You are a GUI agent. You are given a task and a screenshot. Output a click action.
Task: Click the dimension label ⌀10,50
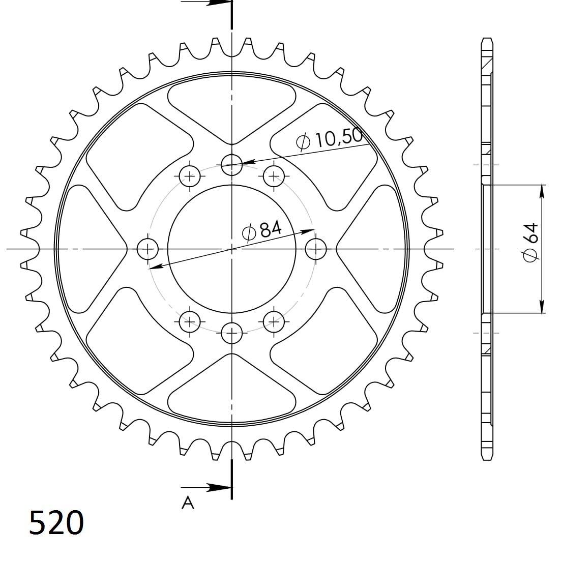click(330, 139)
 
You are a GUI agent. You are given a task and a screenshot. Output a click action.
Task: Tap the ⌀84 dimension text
click(262, 231)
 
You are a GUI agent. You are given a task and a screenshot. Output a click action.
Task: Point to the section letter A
click(188, 503)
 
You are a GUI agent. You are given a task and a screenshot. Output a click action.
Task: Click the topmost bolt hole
click(232, 163)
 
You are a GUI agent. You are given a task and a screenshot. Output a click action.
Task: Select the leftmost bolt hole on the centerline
click(148, 249)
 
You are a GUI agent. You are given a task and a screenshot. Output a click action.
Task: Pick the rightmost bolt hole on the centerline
click(316, 249)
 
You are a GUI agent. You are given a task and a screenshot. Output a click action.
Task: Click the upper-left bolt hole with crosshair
click(190, 176)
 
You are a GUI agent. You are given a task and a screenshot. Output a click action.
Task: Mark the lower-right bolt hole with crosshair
click(274, 321)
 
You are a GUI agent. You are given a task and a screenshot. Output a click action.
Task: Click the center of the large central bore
click(232, 249)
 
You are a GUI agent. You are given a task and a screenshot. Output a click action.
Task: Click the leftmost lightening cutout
click(92, 249)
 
